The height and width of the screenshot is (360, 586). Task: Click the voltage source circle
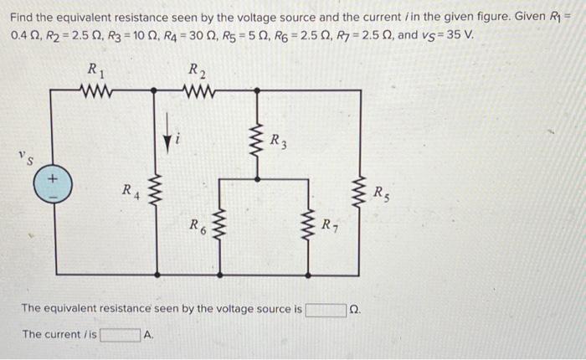pos(52,184)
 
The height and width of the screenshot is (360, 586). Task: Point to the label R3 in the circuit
pos(280,141)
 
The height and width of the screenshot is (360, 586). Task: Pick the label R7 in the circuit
pos(332,225)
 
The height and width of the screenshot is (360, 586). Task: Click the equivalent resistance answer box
pos(326,310)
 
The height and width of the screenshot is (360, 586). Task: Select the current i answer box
pos(121,336)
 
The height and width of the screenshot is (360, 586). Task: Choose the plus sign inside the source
pos(52,177)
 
